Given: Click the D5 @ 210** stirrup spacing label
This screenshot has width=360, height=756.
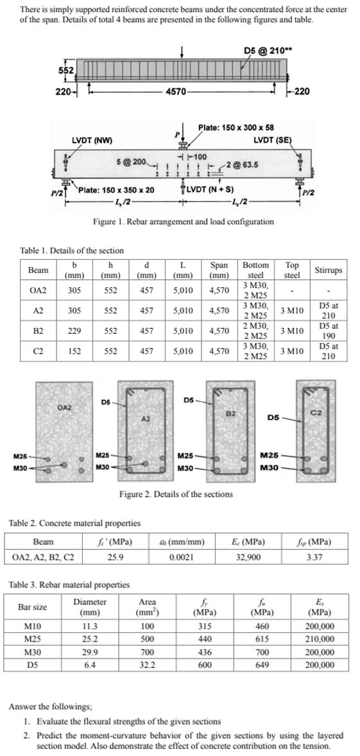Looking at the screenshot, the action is click(264, 51).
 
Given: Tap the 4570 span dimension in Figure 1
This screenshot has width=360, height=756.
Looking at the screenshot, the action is click(176, 92).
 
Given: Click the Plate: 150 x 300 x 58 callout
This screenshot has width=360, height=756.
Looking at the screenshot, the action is click(236, 128).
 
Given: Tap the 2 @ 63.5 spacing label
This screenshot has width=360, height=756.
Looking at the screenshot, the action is click(244, 165).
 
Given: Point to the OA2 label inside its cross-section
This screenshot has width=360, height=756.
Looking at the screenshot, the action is click(64, 407).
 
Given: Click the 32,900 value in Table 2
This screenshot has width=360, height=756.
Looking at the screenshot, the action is click(248, 557).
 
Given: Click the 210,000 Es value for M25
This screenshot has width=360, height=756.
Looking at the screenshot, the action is click(320, 639).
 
